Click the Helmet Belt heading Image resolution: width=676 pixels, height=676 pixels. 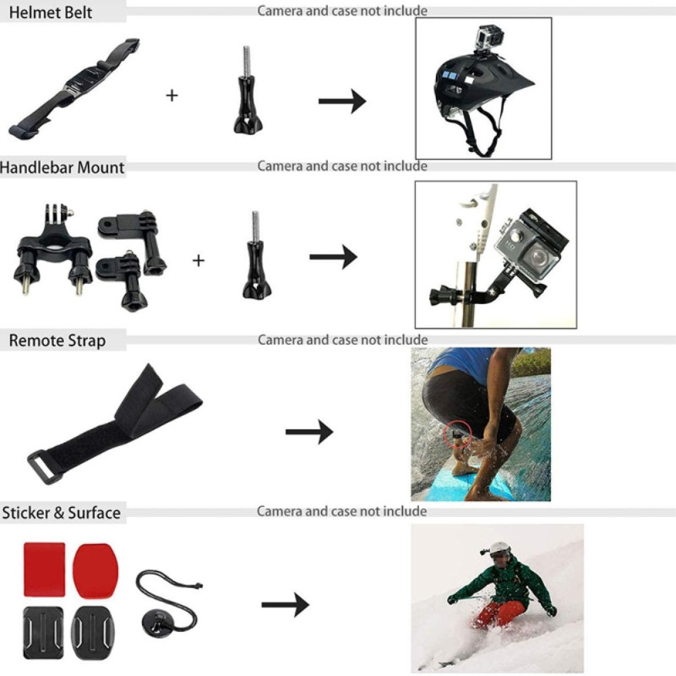47,13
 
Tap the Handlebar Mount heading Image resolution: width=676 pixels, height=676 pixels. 62,167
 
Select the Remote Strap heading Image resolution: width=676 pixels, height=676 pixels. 57,341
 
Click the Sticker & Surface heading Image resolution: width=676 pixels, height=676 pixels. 61,512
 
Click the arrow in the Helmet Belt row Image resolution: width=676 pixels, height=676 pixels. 341,101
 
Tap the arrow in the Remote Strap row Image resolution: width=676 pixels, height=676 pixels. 308,432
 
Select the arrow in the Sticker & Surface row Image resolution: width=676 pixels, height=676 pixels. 285,605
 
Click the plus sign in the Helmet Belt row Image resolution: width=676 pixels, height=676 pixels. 172,95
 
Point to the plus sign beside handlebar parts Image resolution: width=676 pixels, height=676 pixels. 198,260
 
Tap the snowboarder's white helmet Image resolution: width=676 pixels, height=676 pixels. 499,548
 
